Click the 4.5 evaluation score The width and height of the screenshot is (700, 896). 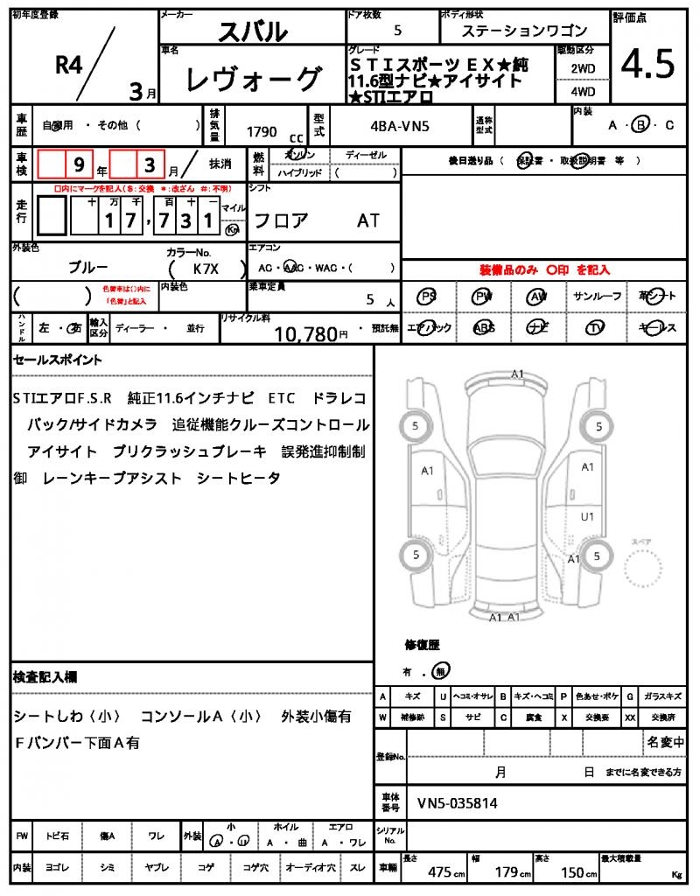click(647, 65)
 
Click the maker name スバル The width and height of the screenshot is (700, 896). click(252, 31)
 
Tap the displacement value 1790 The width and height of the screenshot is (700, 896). click(262, 132)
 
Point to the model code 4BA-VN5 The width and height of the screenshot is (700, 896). click(400, 126)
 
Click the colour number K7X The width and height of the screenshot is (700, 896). click(206, 269)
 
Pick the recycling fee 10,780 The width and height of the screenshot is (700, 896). click(306, 332)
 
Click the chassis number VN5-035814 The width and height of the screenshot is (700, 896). click(458, 802)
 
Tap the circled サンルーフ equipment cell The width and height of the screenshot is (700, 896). click(598, 297)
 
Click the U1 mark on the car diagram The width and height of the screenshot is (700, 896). click(587, 516)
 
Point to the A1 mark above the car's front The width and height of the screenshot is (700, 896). click(517, 374)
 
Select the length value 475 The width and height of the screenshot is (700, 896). click(439, 872)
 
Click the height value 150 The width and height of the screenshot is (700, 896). click(573, 872)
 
